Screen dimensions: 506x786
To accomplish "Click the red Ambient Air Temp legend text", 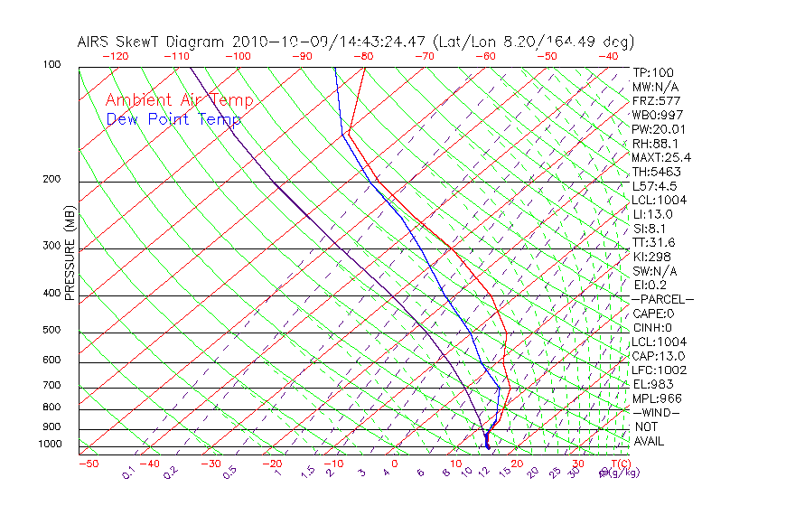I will (179, 100).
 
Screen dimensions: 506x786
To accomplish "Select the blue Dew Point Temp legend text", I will (173, 119).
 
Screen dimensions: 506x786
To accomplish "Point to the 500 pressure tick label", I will (52, 330).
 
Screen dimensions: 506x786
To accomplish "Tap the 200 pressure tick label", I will (52, 179).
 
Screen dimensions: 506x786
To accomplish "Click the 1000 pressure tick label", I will (50, 444).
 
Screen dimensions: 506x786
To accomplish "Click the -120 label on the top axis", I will (115, 56).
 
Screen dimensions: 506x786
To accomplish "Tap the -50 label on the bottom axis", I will (88, 464).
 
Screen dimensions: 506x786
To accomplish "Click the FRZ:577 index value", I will (656, 100).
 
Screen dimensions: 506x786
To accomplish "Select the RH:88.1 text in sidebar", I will (654, 143).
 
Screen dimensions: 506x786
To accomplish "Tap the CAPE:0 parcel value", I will (654, 313).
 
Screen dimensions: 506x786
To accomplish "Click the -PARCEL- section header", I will (662, 299).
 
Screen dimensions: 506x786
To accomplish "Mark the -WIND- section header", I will (656, 412).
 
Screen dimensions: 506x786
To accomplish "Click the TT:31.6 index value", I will (654, 242).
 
